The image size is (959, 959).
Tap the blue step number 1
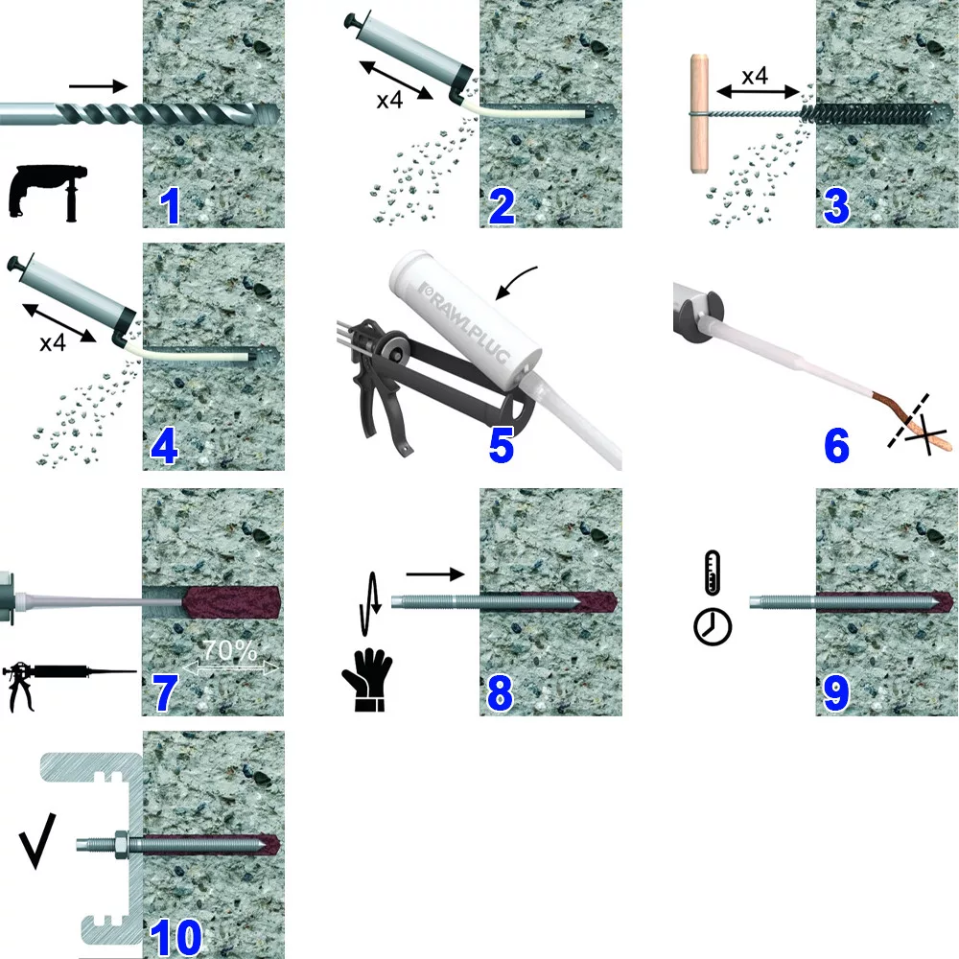(170, 206)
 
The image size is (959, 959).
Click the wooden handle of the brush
(700, 114)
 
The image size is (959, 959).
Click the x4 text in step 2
(389, 100)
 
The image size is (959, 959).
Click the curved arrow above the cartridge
(515, 283)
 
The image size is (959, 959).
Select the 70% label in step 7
(230, 650)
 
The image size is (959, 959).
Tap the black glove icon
(367, 680)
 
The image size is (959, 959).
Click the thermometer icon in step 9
(713, 573)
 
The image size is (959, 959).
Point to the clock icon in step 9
(713, 626)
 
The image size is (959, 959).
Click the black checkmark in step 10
(36, 841)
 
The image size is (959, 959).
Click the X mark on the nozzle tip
(927, 434)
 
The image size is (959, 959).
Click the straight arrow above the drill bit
(98, 87)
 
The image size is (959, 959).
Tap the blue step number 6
(836, 445)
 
